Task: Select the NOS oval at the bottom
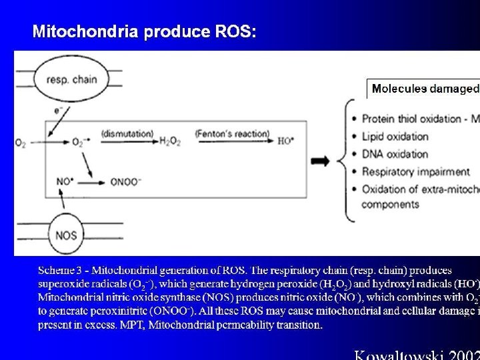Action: point(66,235)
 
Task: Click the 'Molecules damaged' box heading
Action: point(424,88)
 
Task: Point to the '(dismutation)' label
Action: point(127,133)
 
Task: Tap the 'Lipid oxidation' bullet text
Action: point(395,136)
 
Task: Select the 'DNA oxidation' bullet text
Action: point(395,154)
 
